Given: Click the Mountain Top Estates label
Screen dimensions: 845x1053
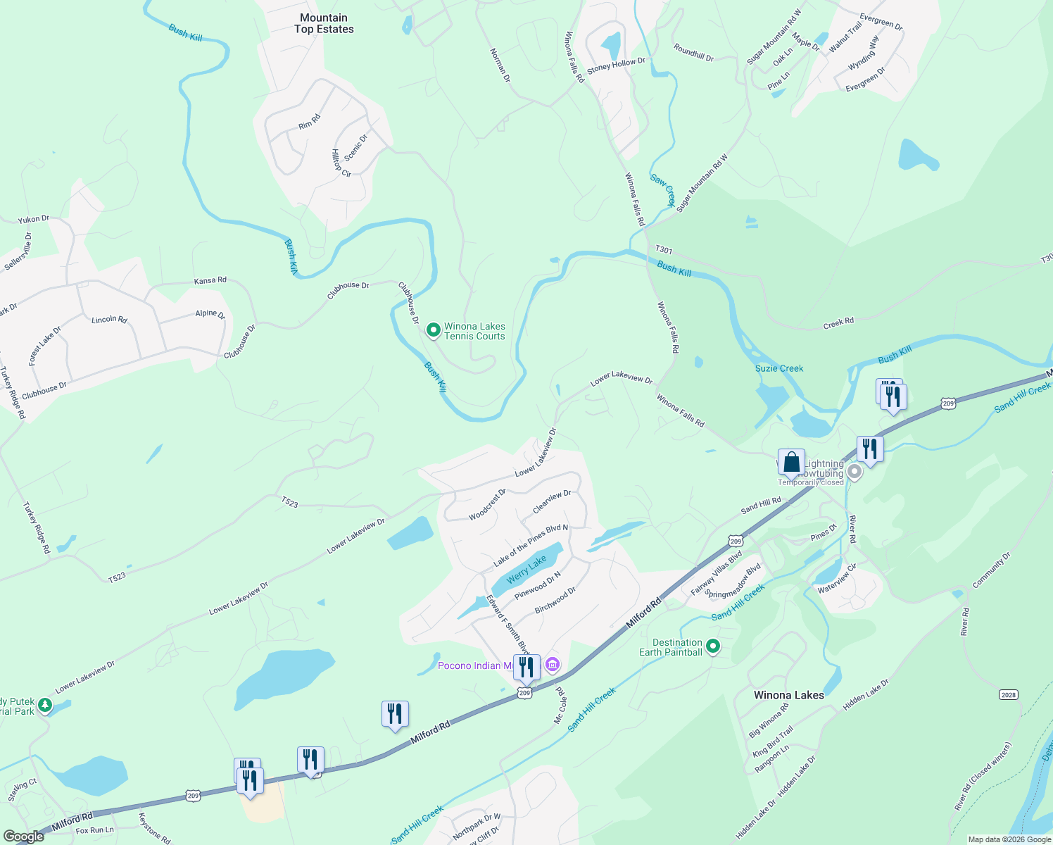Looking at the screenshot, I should coord(324,23).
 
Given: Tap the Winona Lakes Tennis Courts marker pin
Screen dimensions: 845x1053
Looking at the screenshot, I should coord(434,329).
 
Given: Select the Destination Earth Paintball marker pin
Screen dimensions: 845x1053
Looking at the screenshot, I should coord(713,645).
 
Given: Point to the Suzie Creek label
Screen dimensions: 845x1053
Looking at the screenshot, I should coord(778,368).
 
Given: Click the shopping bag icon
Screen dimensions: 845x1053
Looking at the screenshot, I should coord(791,463).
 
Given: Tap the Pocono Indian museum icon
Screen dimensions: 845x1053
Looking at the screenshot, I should coord(553,665).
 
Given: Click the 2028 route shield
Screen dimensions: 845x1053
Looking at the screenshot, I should coord(1008,695).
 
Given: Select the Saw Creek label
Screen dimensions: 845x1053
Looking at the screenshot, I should coord(662,189).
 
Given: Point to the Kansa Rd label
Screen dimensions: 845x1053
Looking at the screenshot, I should coord(210,280).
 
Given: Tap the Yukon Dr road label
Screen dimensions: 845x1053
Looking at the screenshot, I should coord(34,219).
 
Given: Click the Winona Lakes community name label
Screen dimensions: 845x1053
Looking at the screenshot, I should coord(788,695).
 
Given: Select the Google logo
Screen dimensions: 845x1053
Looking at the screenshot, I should coord(24,836).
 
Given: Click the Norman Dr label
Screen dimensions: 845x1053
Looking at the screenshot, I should coord(500,65).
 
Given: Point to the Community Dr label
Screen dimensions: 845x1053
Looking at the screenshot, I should coord(991,570).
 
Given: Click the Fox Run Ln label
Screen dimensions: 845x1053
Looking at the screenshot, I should coord(94,830).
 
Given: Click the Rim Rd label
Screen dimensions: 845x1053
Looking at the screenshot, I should coord(309,122).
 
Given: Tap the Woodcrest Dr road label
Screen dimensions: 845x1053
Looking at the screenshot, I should coord(487,505).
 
